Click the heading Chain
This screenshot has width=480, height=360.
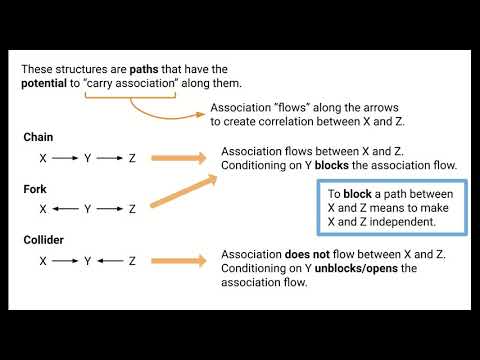pyautogui.click(x=39, y=137)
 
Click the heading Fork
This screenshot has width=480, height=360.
pyautogui.click(x=36, y=188)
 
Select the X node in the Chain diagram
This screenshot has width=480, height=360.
pyautogui.click(x=43, y=158)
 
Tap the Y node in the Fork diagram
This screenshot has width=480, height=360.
pyautogui.click(x=88, y=209)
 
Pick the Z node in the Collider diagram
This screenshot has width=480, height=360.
pyautogui.click(x=132, y=261)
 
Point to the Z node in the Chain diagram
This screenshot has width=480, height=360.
pyautogui.click(x=132, y=158)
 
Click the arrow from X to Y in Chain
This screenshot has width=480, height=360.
pyautogui.click(x=65, y=158)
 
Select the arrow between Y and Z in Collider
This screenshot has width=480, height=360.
pyautogui.click(x=110, y=261)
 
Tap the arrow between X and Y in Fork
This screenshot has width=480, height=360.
pyautogui.click(x=65, y=209)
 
